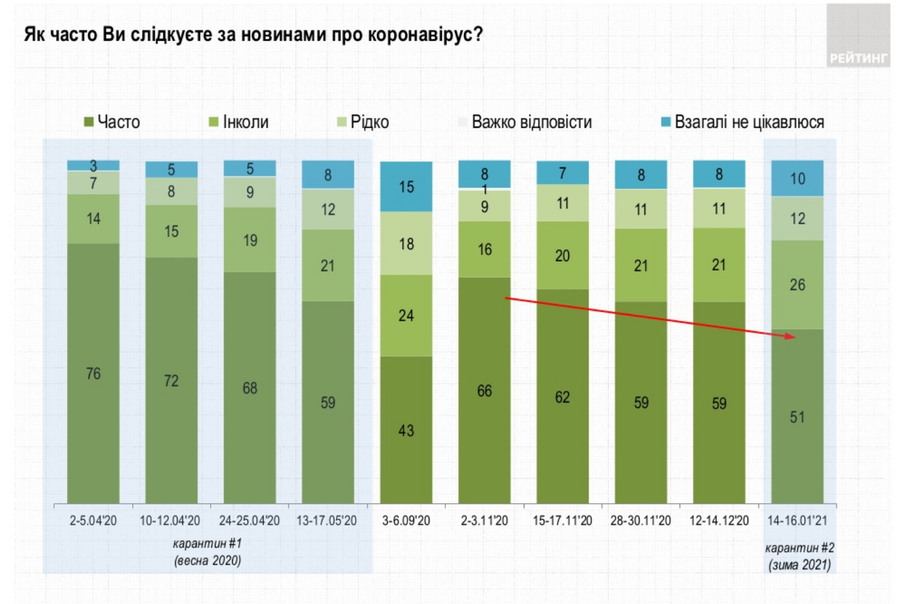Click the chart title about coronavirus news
pos(253,34)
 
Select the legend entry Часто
pos(112,122)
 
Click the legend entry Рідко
pos(364,122)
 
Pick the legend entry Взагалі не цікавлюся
pos(743,122)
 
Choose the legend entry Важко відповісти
pos(526,122)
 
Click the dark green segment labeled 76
pos(93,374)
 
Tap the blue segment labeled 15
pos(406,187)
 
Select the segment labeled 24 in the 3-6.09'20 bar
pos(406,315)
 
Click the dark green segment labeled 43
pos(406,430)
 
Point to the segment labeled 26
pos(797,284)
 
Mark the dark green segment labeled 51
pos(797,417)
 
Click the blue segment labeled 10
pos(797,179)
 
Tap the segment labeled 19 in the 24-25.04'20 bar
pos(250,240)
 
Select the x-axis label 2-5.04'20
pos(93,521)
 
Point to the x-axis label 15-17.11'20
pos(563,521)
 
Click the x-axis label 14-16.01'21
pos(797,521)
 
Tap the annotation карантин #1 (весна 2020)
pos(208,552)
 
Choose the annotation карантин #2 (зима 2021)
pos(799,556)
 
